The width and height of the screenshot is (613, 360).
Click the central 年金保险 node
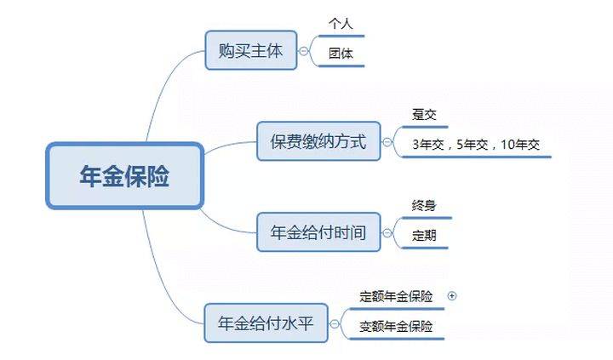124,175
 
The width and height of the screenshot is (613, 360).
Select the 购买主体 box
251,50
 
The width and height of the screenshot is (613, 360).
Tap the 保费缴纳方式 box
318,141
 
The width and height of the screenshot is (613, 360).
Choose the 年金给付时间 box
318,232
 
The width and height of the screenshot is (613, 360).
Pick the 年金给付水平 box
266,323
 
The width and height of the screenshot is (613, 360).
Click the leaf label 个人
341,24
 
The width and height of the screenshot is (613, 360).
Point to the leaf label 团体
341,53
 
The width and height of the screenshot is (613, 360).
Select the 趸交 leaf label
424,115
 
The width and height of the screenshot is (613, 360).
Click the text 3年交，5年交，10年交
476,145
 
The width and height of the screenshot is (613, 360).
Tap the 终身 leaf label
424,205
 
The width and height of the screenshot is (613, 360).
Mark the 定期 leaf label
424,235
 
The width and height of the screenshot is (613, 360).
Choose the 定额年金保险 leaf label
396,296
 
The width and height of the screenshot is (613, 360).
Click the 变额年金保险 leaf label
396,327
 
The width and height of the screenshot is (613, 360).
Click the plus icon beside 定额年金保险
452,296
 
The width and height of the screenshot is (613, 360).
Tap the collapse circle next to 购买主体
304,51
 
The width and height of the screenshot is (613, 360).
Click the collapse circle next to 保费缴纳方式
387,141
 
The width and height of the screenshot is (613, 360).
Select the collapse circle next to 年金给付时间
387,233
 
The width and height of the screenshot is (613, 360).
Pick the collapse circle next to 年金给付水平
335,323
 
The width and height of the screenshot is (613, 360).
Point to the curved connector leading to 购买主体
164,84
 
